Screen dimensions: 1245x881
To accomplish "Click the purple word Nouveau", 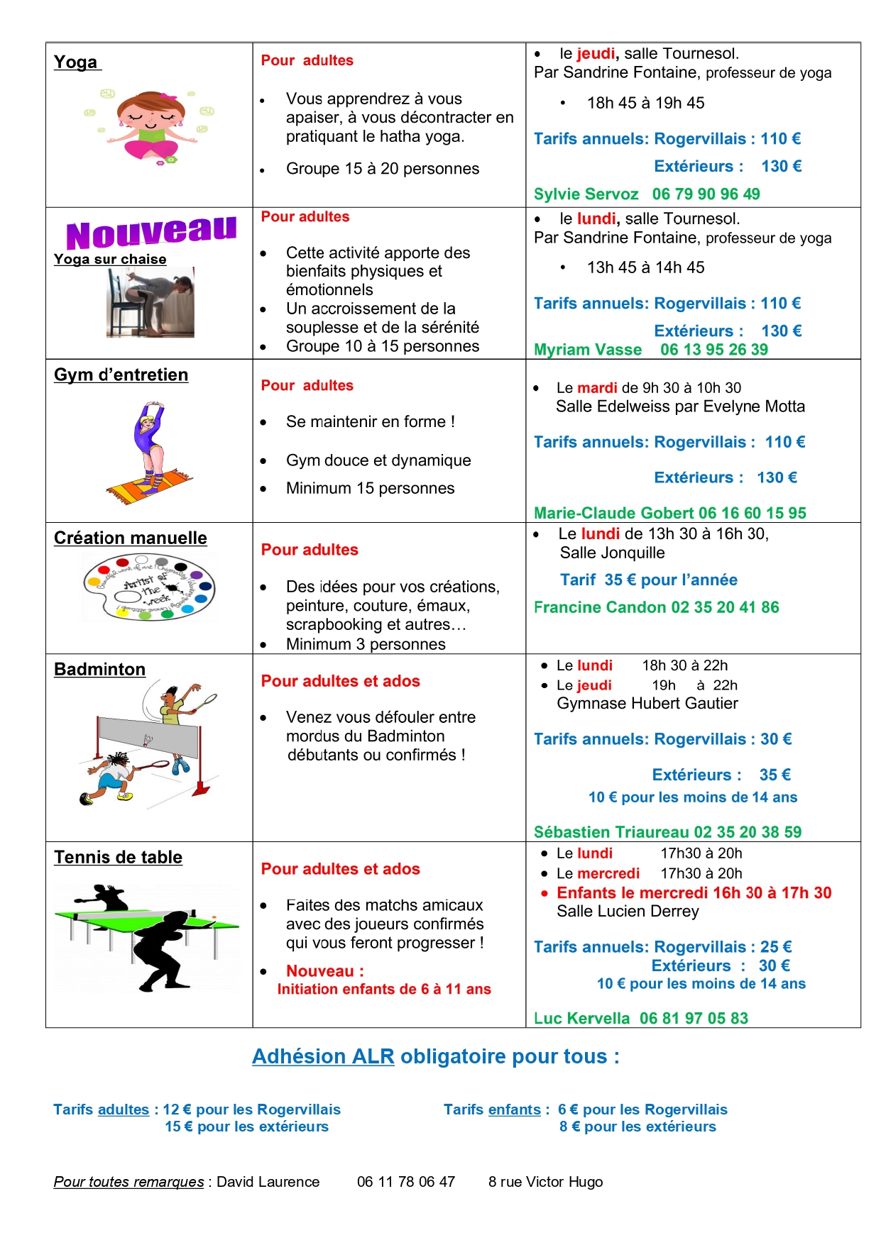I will coord(151,232).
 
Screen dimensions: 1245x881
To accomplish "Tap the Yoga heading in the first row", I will coord(76,62).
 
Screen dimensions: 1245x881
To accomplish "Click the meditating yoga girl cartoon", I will coord(151,126).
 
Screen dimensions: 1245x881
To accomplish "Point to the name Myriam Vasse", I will coord(588,350).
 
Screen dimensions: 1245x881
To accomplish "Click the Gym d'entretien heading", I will coord(121,375).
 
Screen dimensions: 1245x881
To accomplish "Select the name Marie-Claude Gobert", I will coord(613,513).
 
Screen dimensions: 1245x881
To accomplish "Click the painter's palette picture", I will coord(149,587).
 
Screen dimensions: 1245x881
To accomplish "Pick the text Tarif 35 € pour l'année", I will coord(648,580).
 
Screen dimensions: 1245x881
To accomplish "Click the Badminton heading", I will coord(99,669).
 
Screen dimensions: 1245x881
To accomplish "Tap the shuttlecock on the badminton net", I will coord(148,740).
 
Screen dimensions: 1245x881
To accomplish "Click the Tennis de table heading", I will coord(118,857).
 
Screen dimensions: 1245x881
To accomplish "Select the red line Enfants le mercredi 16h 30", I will coord(694,893).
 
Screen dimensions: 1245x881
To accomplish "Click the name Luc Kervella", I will coord(581,1018).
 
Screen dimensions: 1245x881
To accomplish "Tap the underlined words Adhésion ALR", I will coord(323,1056).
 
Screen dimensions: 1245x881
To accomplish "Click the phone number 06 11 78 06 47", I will coord(405,1182).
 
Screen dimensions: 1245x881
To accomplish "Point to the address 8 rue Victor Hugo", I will coord(545,1182).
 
